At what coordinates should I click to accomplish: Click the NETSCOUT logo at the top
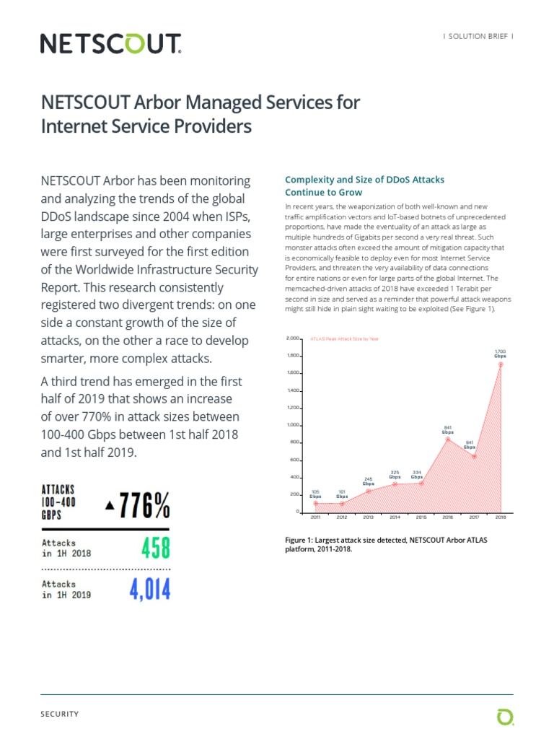pyautogui.click(x=110, y=44)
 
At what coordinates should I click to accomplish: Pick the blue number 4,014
pyautogui.click(x=150, y=590)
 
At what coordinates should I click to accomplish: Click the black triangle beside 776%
pyautogui.click(x=110, y=506)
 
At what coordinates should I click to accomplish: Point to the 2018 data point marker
pyautogui.click(x=501, y=364)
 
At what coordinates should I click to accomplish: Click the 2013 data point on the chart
pyautogui.click(x=368, y=491)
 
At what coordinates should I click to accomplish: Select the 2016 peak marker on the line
pyautogui.click(x=448, y=439)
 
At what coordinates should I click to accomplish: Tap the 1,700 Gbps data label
pyautogui.click(x=500, y=353)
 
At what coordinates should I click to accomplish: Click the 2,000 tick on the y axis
pyautogui.click(x=292, y=338)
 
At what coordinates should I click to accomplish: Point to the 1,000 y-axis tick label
pyautogui.click(x=292, y=425)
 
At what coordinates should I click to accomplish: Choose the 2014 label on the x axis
pyautogui.click(x=395, y=517)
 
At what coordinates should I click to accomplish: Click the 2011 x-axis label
pyautogui.click(x=316, y=517)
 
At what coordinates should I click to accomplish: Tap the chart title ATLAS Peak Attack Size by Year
pyautogui.click(x=343, y=338)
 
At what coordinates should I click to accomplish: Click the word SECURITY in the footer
pyautogui.click(x=60, y=714)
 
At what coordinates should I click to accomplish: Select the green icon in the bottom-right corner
pyautogui.click(x=505, y=717)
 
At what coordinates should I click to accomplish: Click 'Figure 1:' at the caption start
pyautogui.click(x=302, y=540)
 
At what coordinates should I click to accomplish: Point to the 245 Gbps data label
pyautogui.click(x=368, y=481)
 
